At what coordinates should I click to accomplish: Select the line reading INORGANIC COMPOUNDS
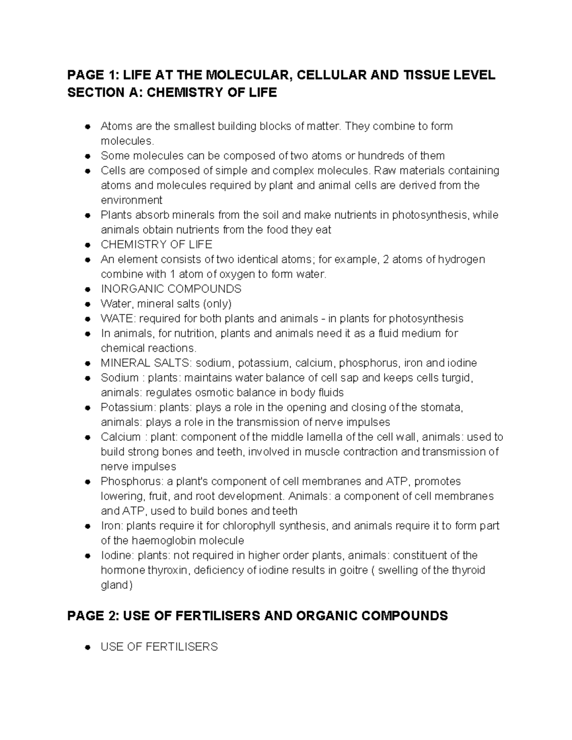171,289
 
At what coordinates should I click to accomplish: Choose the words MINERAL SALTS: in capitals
146,363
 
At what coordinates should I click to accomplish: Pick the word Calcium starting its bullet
121,437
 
